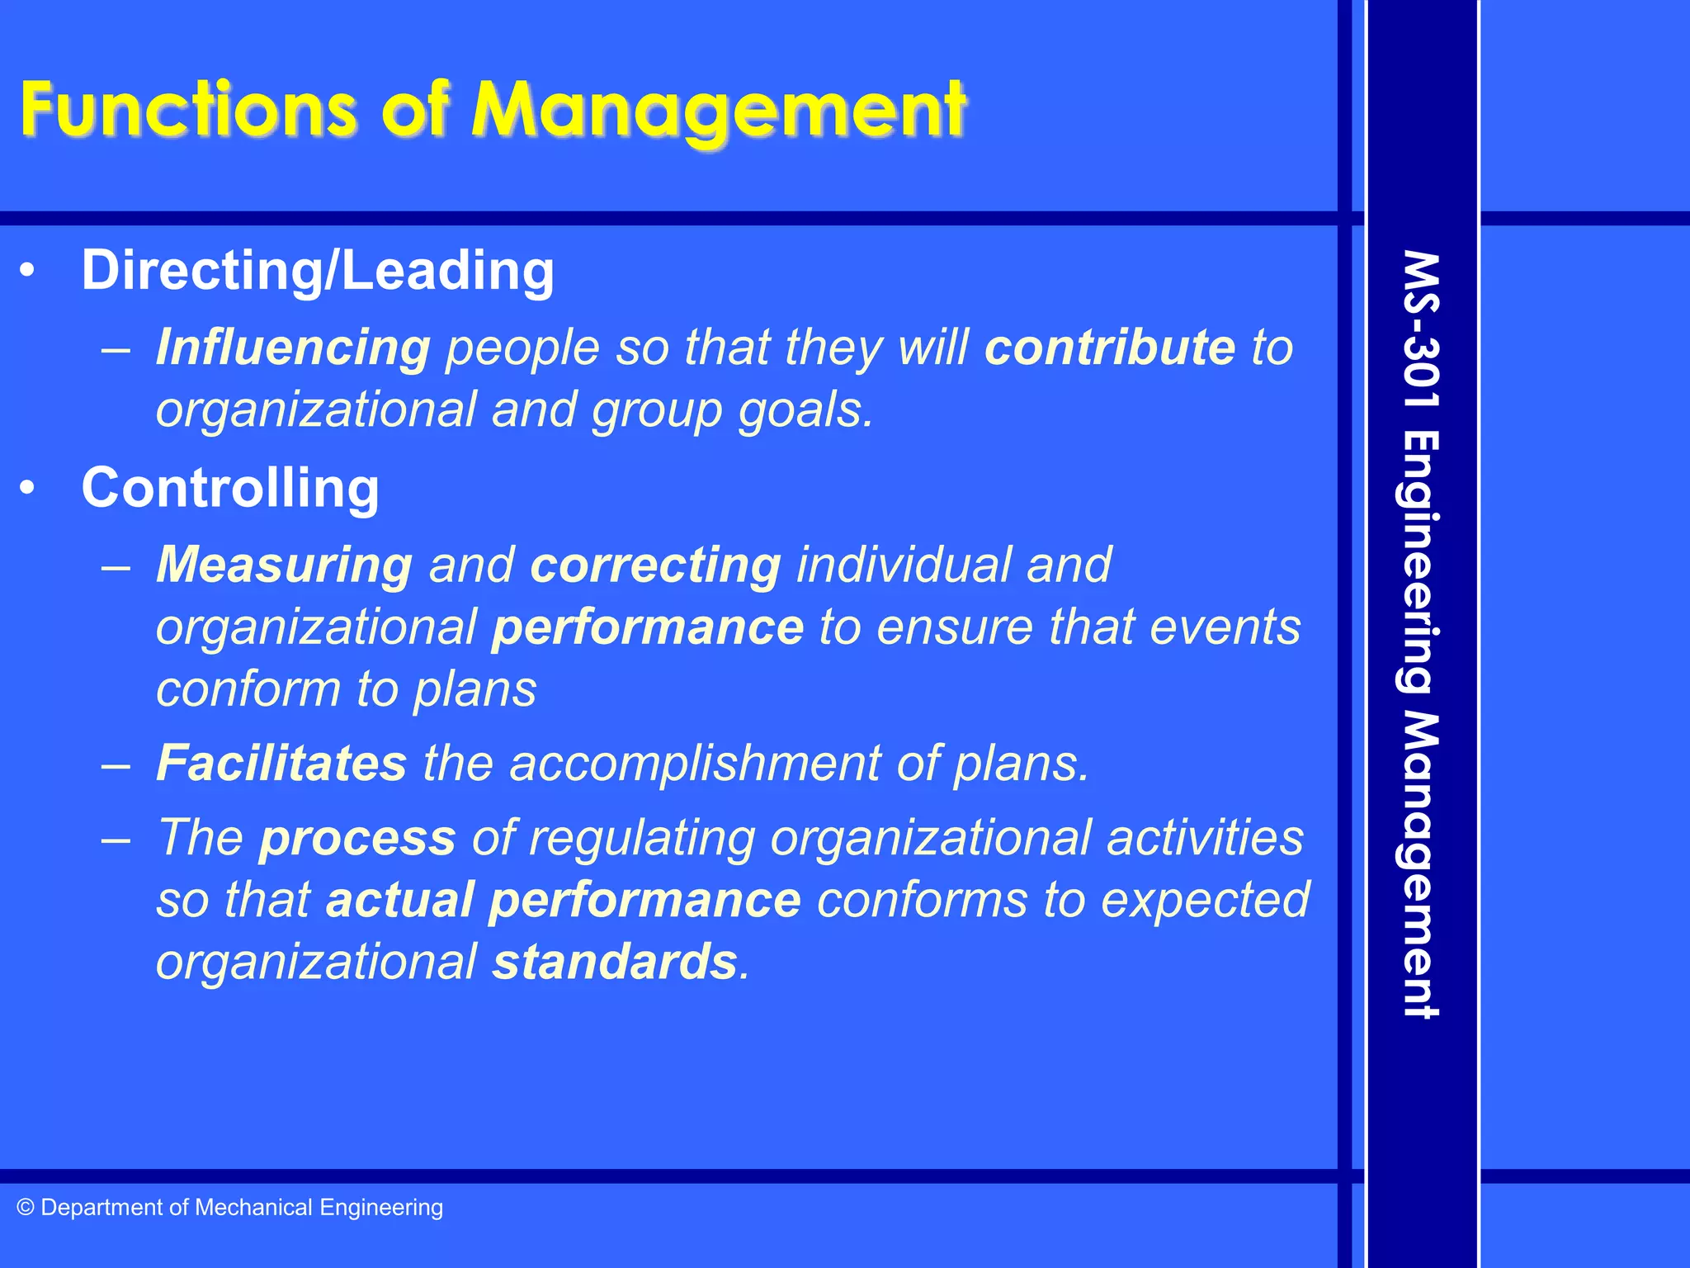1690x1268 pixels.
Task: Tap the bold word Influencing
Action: click(293, 348)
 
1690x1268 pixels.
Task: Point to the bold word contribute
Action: click(1110, 348)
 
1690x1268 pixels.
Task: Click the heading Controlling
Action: click(230, 488)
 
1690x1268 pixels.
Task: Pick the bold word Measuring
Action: click(285, 565)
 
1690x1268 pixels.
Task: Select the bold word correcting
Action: click(655, 565)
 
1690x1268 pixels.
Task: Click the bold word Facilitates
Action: click(281, 763)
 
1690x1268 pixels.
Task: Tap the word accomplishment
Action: click(695, 763)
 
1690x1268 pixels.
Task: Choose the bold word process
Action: click(357, 838)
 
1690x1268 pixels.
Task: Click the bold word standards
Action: click(615, 963)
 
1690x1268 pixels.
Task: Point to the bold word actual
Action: click(399, 900)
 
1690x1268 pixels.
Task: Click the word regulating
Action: click(641, 838)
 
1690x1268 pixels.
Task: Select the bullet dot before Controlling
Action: click(28, 488)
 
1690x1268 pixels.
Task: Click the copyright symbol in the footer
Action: click(26, 1208)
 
